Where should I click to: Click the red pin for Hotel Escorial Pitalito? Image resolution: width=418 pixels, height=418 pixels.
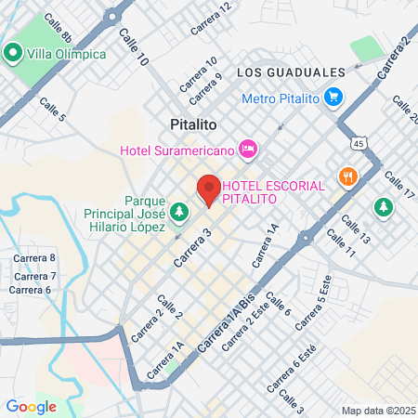tap(209, 189)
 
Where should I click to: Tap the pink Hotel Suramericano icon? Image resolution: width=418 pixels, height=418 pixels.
tap(247, 148)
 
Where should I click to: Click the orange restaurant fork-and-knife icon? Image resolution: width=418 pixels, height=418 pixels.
tap(348, 176)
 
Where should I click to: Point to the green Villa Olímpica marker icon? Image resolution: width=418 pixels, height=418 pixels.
tap(14, 53)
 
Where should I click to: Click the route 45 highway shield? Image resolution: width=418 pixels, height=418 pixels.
tap(358, 144)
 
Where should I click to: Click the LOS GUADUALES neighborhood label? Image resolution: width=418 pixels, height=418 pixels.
tap(291, 72)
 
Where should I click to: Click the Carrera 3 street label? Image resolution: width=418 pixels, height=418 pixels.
tap(194, 247)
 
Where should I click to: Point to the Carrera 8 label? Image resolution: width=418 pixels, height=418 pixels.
tap(33, 258)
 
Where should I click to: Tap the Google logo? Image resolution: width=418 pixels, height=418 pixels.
tap(31, 406)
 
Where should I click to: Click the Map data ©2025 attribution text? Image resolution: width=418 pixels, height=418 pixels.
tap(376, 411)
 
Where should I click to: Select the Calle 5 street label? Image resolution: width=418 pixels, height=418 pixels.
tap(52, 110)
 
